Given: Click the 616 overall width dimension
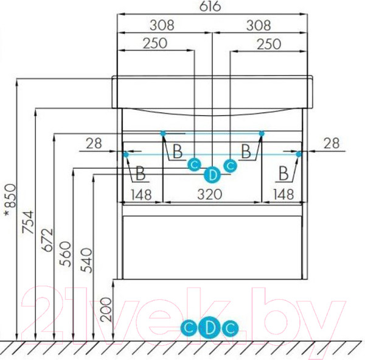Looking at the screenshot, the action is [210, 6].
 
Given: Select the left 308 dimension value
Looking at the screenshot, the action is [162, 25].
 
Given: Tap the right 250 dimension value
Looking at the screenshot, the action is [269, 44].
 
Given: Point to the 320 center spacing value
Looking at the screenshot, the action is [209, 194].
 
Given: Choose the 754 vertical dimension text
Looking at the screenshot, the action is [28, 222].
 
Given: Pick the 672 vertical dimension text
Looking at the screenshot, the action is [47, 240].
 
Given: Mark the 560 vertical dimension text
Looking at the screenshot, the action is [65, 254].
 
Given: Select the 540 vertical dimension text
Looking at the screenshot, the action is [86, 260].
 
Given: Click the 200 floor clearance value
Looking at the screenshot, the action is [106, 309].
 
